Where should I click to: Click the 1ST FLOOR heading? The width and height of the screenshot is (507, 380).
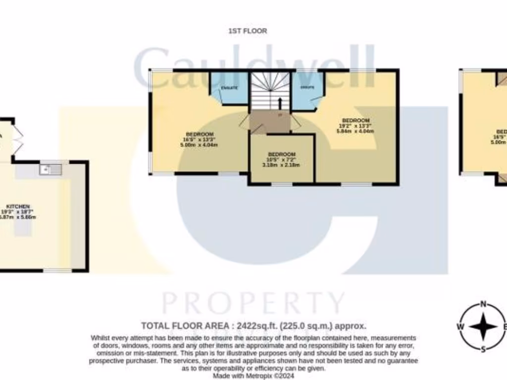click(248, 31)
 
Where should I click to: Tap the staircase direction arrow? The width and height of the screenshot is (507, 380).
click(280, 103)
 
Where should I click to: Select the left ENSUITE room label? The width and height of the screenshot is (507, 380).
click(229, 88)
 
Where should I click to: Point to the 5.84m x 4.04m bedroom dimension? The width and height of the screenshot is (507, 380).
click(355, 132)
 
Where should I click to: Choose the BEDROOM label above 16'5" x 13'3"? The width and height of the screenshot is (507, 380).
click(200, 134)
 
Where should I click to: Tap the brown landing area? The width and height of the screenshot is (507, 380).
click(270, 121)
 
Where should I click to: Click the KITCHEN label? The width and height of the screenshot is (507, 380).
click(18, 206)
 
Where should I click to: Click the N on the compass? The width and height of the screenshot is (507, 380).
click(483, 305)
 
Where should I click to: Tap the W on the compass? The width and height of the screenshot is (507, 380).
click(460, 327)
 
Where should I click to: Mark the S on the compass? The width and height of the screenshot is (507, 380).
click(483, 349)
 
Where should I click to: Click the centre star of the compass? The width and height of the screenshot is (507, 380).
click(483, 327)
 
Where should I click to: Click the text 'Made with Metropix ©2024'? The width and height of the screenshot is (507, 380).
click(253, 376)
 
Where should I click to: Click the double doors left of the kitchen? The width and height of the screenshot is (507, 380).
click(17, 140)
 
